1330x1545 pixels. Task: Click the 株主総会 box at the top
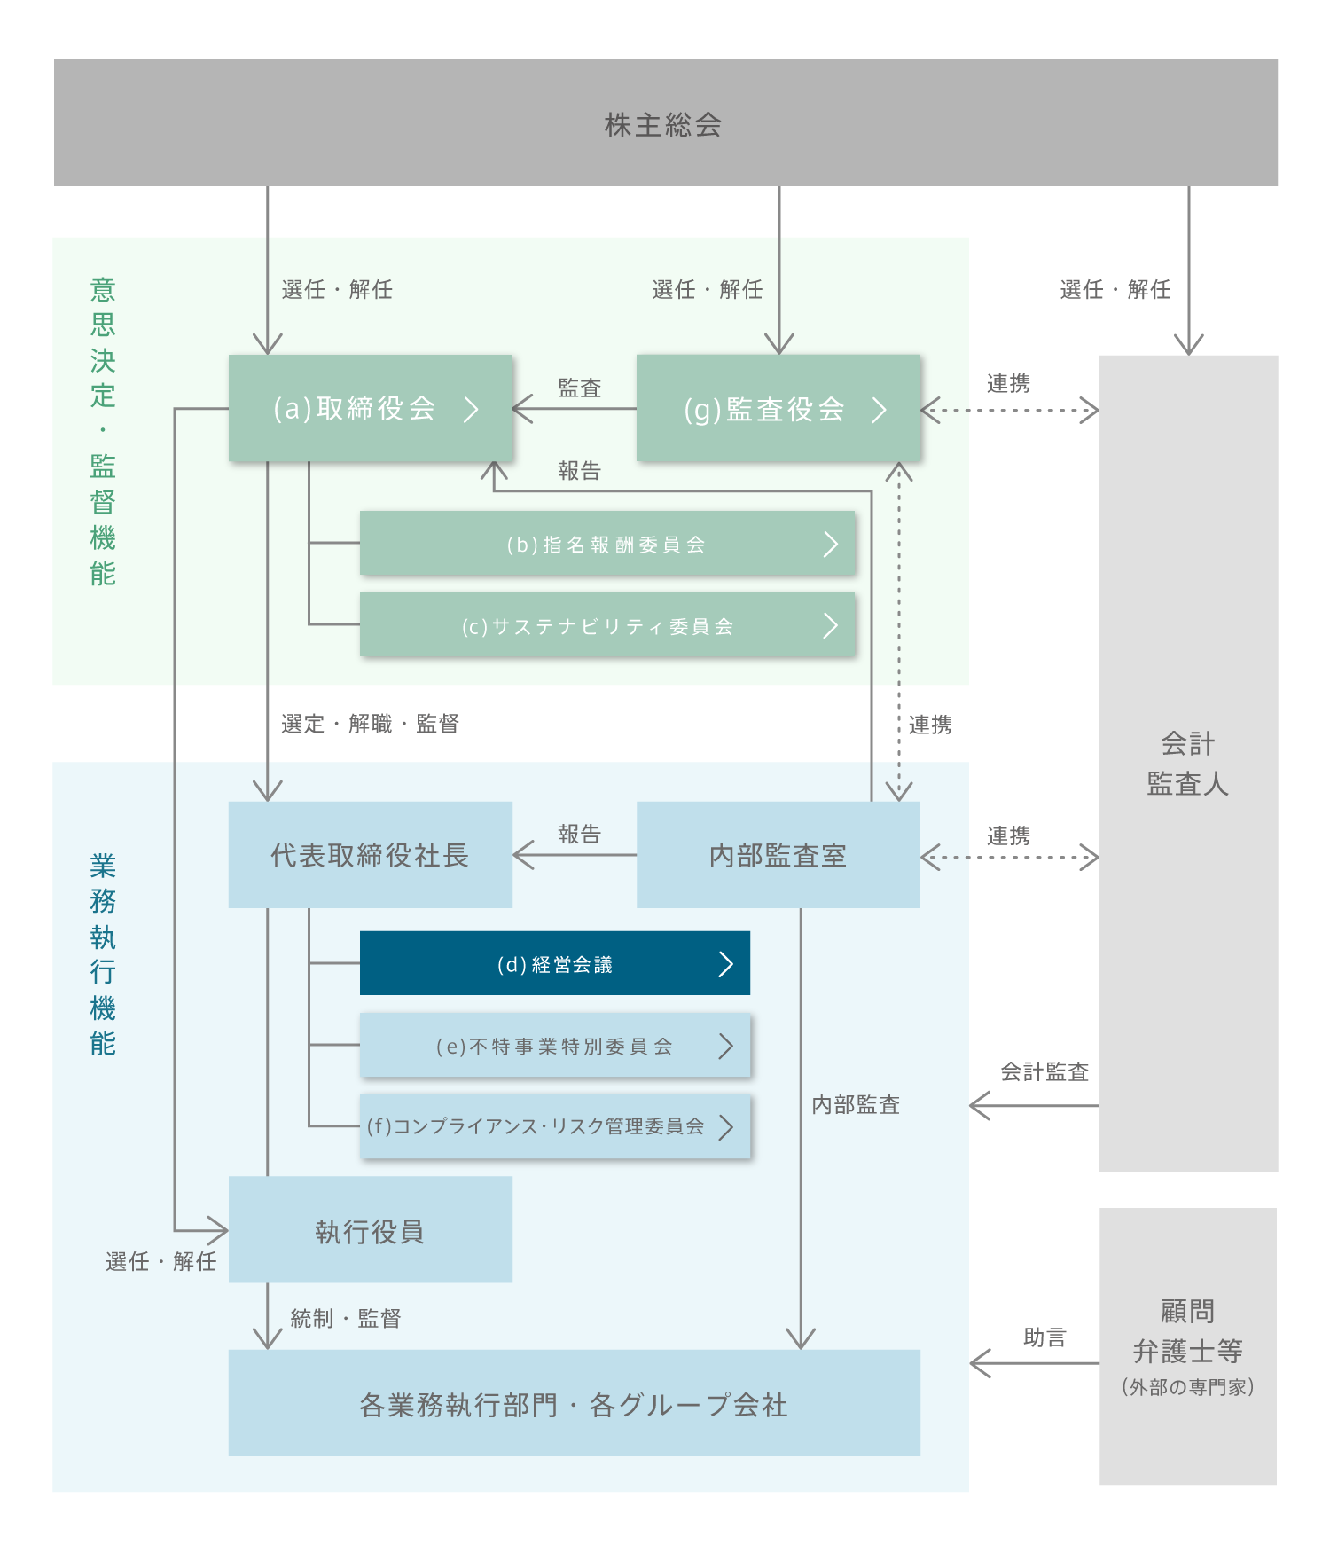point(665,123)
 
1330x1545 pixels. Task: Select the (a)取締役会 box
point(371,408)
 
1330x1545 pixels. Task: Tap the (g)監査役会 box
point(778,408)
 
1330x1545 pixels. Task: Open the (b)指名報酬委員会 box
point(607,544)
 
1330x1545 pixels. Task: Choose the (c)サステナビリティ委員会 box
point(607,625)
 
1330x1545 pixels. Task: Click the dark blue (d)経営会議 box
point(554,963)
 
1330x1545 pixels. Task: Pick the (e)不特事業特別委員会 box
point(554,1046)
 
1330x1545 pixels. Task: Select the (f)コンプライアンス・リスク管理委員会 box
point(554,1126)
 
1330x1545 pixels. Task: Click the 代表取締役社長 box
point(370,855)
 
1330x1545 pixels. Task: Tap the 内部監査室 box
point(778,855)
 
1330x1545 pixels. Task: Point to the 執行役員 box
point(370,1230)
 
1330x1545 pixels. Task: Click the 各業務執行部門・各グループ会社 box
point(574,1403)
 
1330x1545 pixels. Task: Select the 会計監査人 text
point(1187,764)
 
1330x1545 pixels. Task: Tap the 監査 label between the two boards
point(579,388)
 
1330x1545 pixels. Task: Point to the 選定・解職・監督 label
point(370,724)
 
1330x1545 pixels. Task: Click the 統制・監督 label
point(346,1318)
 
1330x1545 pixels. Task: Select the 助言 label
point(1044,1337)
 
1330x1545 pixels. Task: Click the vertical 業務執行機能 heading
point(103,954)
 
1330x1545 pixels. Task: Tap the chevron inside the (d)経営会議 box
point(726,963)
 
